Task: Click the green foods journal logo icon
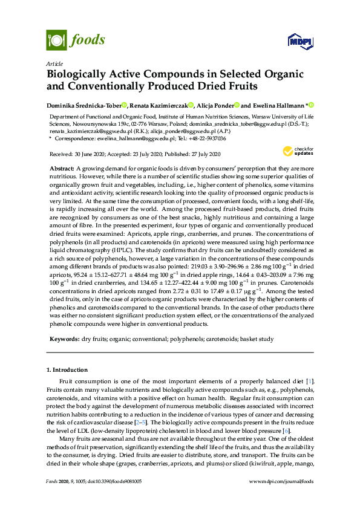pyautogui.click(x=56, y=41)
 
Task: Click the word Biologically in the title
pyautogui.click(x=82, y=74)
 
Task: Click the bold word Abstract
pyautogui.click(x=62, y=166)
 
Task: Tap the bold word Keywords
pyautogui.click(x=64, y=340)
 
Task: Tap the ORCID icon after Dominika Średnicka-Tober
pyautogui.click(x=124, y=105)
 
